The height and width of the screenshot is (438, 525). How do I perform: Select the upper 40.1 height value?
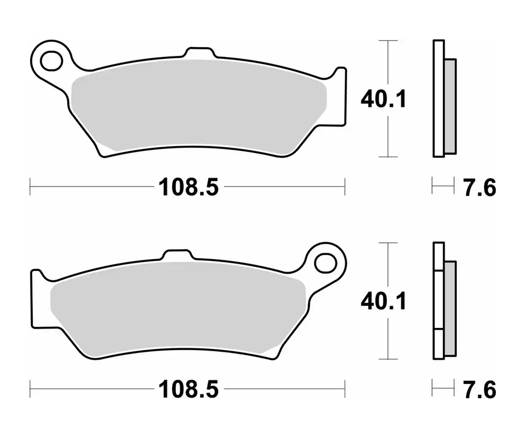click(x=383, y=99)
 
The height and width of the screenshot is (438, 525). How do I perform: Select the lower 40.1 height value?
click(x=383, y=301)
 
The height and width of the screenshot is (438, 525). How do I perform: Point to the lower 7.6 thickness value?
click(x=480, y=390)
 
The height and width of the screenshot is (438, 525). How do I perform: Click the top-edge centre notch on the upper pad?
click(x=198, y=53)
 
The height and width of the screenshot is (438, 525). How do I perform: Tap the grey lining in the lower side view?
click(x=450, y=309)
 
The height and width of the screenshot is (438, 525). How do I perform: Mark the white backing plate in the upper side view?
click(x=439, y=99)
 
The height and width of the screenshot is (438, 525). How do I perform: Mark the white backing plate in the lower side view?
click(x=439, y=301)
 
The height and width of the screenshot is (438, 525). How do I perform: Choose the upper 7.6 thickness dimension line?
click(x=443, y=187)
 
